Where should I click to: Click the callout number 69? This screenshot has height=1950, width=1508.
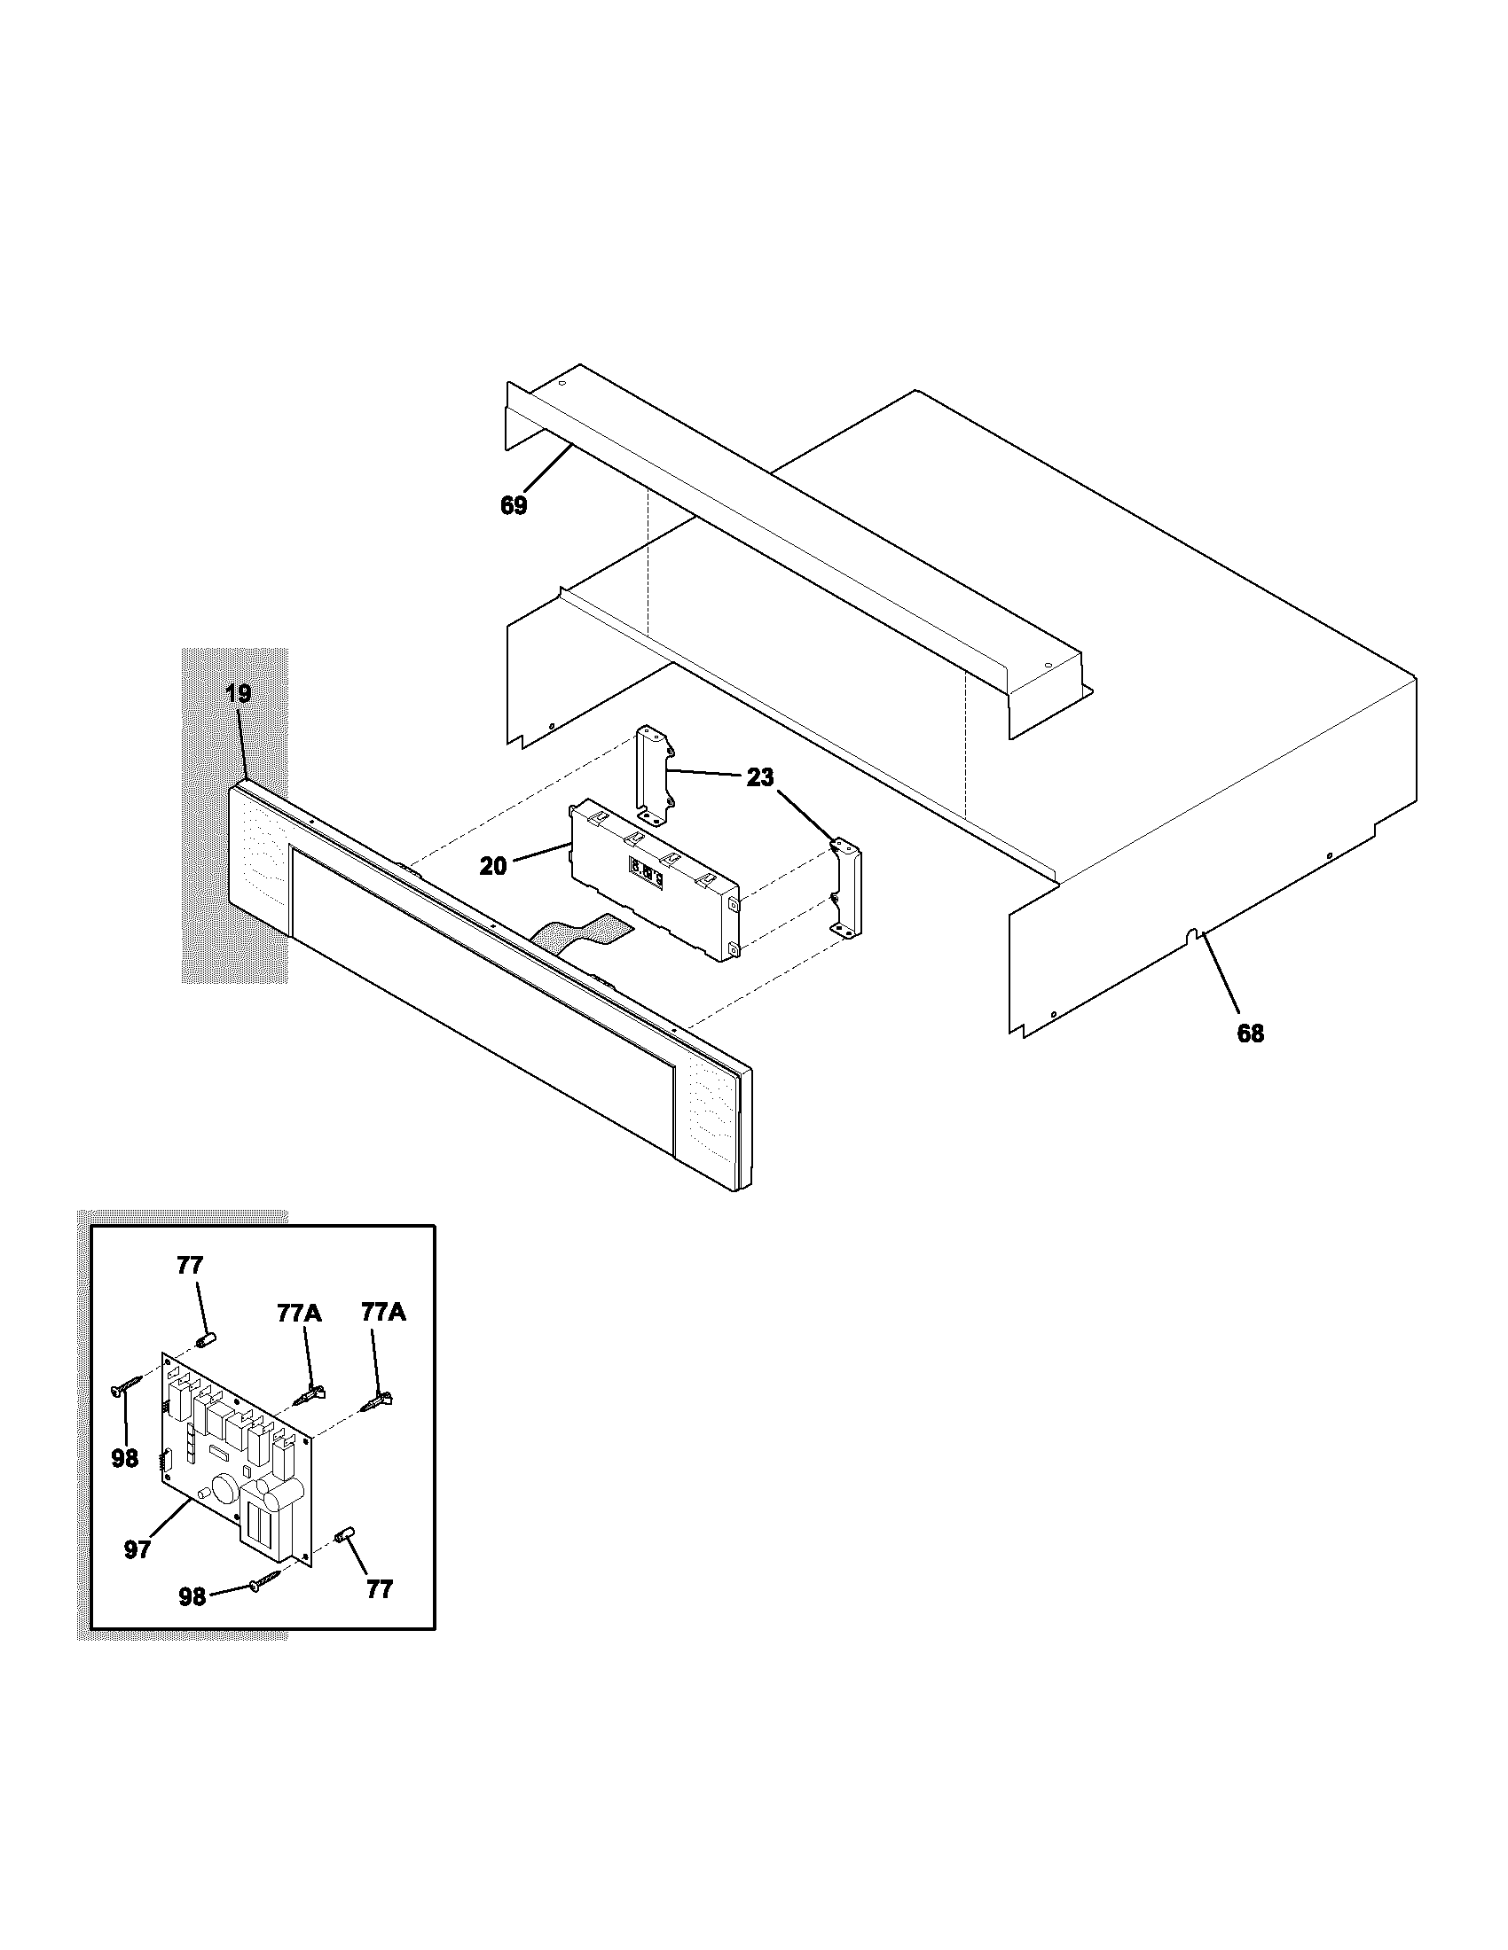point(513,505)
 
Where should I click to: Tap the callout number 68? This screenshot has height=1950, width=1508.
point(1251,1033)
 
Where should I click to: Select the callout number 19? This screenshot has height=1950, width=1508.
point(238,693)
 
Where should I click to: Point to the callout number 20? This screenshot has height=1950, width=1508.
point(492,865)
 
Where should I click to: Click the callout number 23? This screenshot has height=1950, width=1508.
point(759,777)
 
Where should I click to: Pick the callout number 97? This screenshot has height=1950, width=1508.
point(137,1550)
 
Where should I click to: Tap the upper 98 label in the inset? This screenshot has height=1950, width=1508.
point(125,1458)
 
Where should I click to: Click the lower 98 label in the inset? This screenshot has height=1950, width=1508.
point(192,1597)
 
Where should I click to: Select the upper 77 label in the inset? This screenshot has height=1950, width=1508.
point(191,1265)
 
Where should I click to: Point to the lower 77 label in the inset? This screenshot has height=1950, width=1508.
point(380,1589)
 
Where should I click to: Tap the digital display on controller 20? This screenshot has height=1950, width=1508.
point(647,870)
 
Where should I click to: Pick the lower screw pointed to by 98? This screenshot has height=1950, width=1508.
point(266,1581)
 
